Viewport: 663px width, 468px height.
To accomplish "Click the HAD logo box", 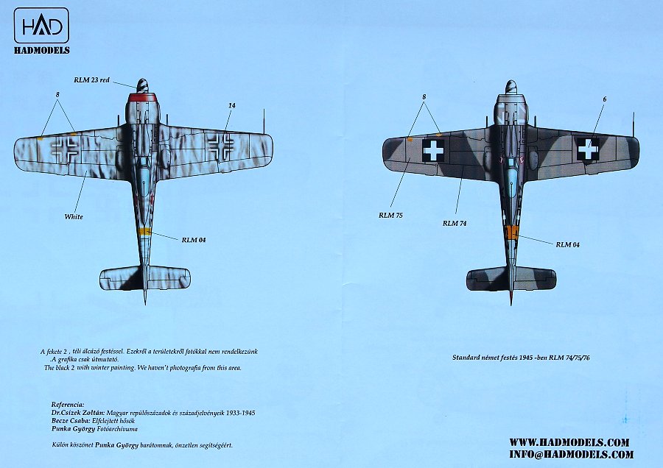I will (x=41, y=26).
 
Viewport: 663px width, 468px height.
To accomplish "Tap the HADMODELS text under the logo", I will (x=41, y=50).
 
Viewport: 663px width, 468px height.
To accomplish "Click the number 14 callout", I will (x=231, y=106).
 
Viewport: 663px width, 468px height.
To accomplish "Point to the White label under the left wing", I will (x=74, y=216).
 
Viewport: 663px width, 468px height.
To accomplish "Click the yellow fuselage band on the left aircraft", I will (x=144, y=232).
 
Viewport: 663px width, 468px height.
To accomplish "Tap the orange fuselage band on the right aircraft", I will (x=511, y=233).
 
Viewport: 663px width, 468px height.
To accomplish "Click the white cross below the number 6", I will (x=588, y=149).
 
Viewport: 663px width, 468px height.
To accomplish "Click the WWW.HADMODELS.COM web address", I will (x=569, y=442).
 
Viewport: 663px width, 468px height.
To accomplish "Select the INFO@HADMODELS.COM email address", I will (x=569, y=454).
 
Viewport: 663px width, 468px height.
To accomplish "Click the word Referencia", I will (x=67, y=405).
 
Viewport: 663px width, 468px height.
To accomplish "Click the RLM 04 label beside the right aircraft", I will (x=567, y=244).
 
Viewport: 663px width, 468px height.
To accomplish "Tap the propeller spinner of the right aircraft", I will (x=511, y=87).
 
